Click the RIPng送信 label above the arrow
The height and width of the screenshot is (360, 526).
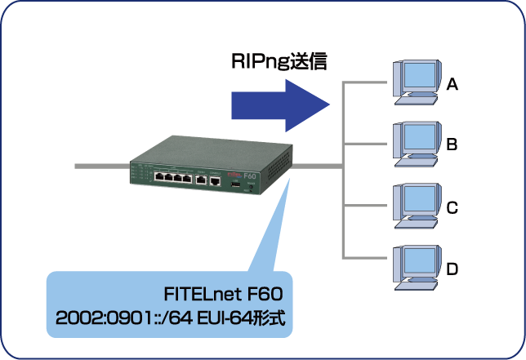[278, 62]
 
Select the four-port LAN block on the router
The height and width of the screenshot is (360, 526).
[173, 177]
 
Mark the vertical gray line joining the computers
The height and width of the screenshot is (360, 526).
[342, 171]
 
